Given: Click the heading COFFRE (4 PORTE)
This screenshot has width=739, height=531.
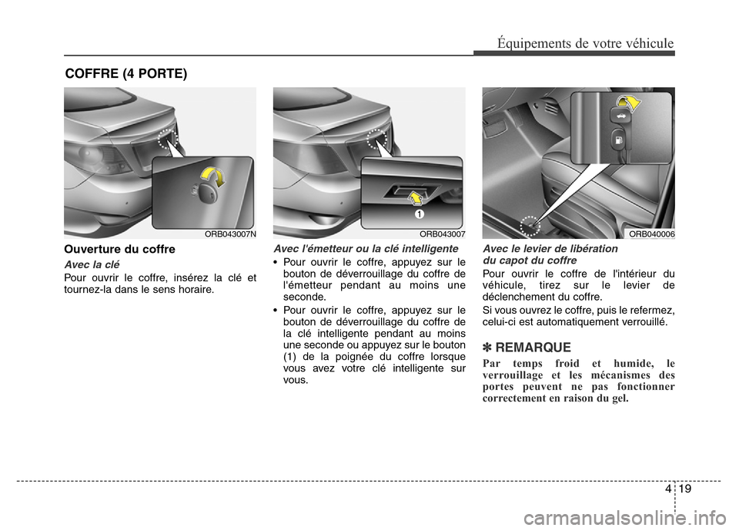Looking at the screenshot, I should click(x=125, y=74).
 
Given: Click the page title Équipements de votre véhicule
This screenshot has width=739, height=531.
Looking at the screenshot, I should click(x=584, y=43).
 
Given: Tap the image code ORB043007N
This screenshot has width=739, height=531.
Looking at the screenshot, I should click(x=230, y=234).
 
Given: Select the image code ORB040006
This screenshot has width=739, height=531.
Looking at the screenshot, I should click(x=651, y=234).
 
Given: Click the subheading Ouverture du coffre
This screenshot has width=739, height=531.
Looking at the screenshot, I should click(x=119, y=250).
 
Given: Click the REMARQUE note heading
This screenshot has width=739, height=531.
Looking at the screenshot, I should click(x=527, y=348).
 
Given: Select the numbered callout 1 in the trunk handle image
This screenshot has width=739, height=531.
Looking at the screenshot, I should click(x=420, y=211).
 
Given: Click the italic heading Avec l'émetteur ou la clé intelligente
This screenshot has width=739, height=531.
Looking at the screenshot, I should click(x=366, y=249).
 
